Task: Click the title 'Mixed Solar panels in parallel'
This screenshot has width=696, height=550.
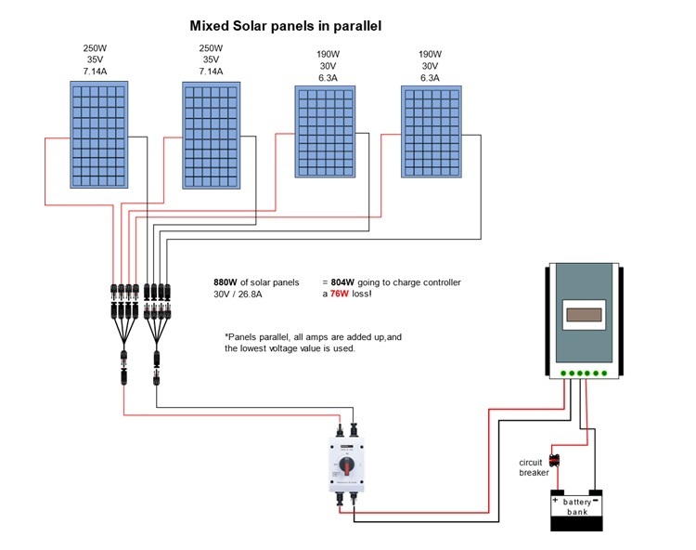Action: click(285, 26)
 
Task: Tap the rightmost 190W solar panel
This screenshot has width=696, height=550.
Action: click(430, 131)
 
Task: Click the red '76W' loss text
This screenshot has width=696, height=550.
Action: click(342, 295)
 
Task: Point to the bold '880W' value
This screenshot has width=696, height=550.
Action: click(226, 282)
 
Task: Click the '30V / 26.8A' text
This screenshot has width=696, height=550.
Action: click(238, 295)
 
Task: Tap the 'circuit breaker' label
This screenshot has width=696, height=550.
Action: click(534, 467)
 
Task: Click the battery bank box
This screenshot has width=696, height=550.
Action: click(576, 510)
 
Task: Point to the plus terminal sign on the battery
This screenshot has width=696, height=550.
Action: click(557, 498)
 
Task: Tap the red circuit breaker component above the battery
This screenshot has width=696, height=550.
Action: click(555, 459)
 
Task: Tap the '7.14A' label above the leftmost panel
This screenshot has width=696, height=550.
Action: click(97, 70)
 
